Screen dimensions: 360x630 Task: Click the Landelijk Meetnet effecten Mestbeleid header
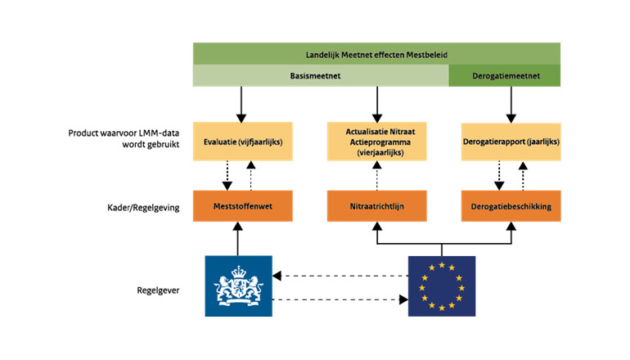pyautogui.click(x=376, y=54)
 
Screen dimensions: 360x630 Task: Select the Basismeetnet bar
pyautogui.click(x=320, y=76)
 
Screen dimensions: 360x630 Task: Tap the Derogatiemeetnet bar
pyautogui.click(x=504, y=76)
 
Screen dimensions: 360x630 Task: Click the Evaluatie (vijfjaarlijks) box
pyautogui.click(x=237, y=141)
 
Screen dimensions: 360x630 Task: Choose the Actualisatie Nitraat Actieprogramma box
pyautogui.click(x=376, y=141)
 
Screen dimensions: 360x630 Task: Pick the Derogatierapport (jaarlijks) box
pyautogui.click(x=511, y=141)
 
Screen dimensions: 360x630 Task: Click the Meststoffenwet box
pyautogui.click(x=237, y=206)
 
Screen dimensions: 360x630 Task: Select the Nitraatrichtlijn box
pyautogui.click(x=376, y=206)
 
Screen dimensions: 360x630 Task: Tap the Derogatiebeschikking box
pyautogui.click(x=511, y=206)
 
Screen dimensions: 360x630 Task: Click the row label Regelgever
pyautogui.click(x=159, y=289)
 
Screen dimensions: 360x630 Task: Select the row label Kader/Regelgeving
pyautogui.click(x=137, y=207)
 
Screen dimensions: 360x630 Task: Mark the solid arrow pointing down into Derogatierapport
pyautogui.click(x=511, y=103)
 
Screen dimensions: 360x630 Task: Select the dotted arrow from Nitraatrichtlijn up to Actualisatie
pyautogui.click(x=376, y=175)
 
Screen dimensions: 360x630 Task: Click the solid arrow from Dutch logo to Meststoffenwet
pyautogui.click(x=237, y=239)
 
